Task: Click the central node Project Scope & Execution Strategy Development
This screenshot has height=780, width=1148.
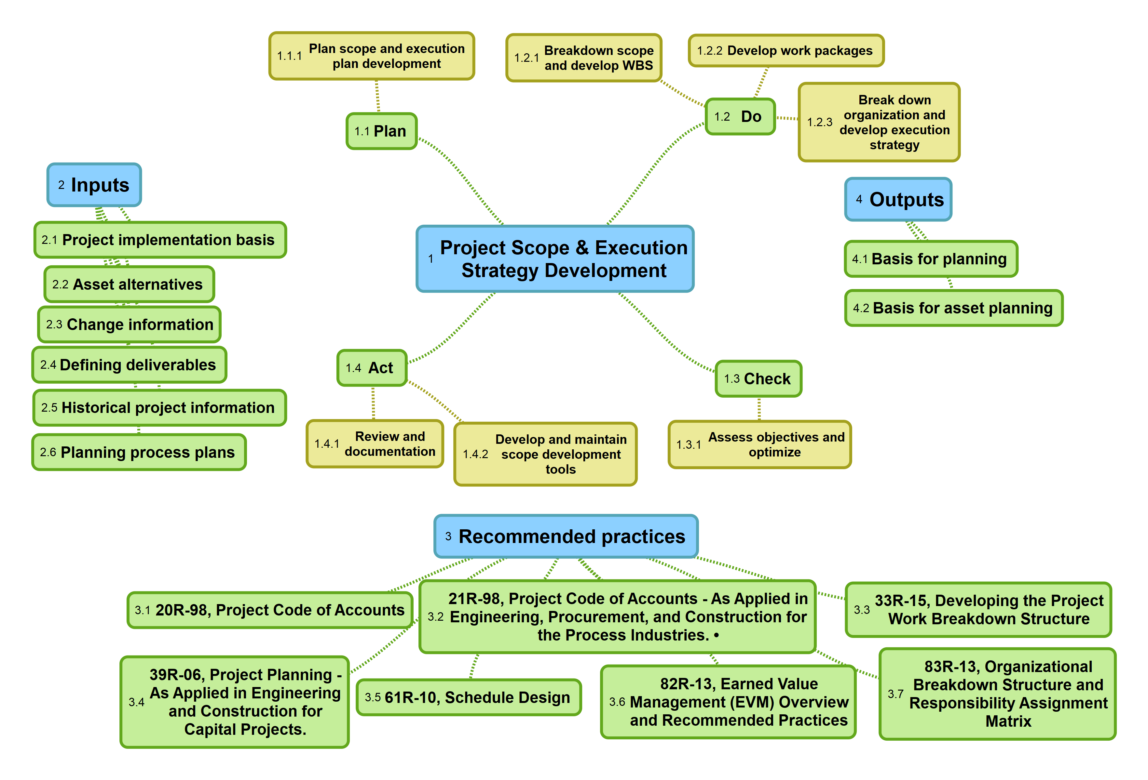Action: [x=555, y=259]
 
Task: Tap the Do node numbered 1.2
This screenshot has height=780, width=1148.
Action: [x=740, y=116]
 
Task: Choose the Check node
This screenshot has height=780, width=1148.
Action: [x=758, y=379]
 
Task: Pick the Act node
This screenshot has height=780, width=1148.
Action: [x=372, y=368]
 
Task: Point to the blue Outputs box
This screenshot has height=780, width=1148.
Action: [x=898, y=199]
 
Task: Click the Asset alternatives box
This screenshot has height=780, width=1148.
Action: [x=129, y=284]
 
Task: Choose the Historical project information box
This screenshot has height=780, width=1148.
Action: [x=159, y=408]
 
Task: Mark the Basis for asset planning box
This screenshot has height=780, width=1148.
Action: [x=953, y=308]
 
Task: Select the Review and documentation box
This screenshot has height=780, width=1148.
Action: [x=375, y=444]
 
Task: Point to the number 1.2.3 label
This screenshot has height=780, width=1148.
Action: [x=819, y=122]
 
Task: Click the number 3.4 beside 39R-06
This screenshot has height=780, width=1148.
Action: [x=136, y=702]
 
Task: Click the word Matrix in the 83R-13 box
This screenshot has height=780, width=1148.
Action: [x=1008, y=721]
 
